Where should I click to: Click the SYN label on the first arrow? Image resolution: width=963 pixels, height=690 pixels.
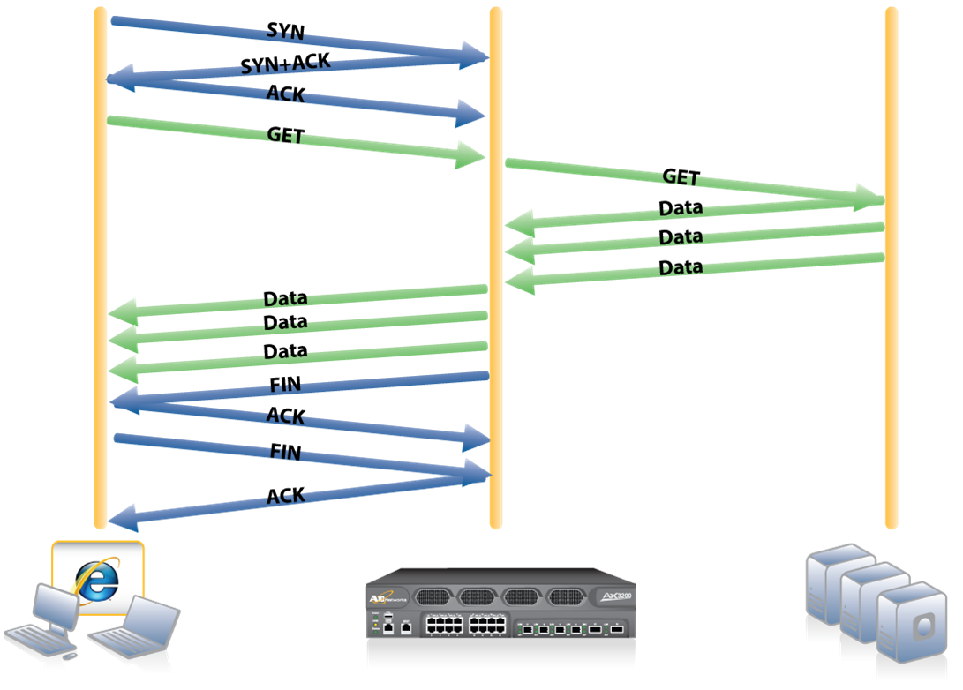(285, 31)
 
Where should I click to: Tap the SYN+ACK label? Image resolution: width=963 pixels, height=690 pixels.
(284, 63)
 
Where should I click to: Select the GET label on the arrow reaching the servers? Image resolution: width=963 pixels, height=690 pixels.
(681, 177)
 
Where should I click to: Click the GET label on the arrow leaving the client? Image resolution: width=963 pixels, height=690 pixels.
(285, 136)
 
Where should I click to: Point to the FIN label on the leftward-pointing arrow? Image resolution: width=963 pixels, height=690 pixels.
(285, 384)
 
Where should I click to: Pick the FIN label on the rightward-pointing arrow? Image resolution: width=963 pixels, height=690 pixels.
(285, 453)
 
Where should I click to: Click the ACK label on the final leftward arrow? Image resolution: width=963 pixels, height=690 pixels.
(285, 496)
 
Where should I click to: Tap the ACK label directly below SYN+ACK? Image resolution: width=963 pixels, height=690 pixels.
(285, 93)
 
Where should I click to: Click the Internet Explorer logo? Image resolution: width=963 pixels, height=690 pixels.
(97, 579)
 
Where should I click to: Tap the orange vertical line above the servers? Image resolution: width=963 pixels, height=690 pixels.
(891, 353)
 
